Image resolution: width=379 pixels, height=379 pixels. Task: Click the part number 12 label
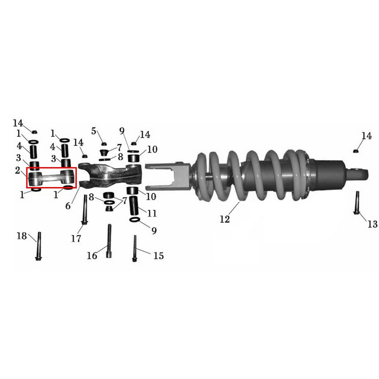pos(225,219)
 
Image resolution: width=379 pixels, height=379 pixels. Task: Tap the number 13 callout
pos(372,224)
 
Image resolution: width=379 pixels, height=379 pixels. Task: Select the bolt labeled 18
pos(38,246)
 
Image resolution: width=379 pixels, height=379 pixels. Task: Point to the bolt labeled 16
pos(109,241)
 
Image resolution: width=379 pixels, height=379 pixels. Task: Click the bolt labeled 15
pos(135,248)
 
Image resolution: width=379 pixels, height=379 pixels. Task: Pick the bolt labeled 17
pos(85,209)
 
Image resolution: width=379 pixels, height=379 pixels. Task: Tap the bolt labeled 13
pos(357,203)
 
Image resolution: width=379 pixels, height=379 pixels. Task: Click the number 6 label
pos(68,206)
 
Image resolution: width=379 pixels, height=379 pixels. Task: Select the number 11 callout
pos(152,213)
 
